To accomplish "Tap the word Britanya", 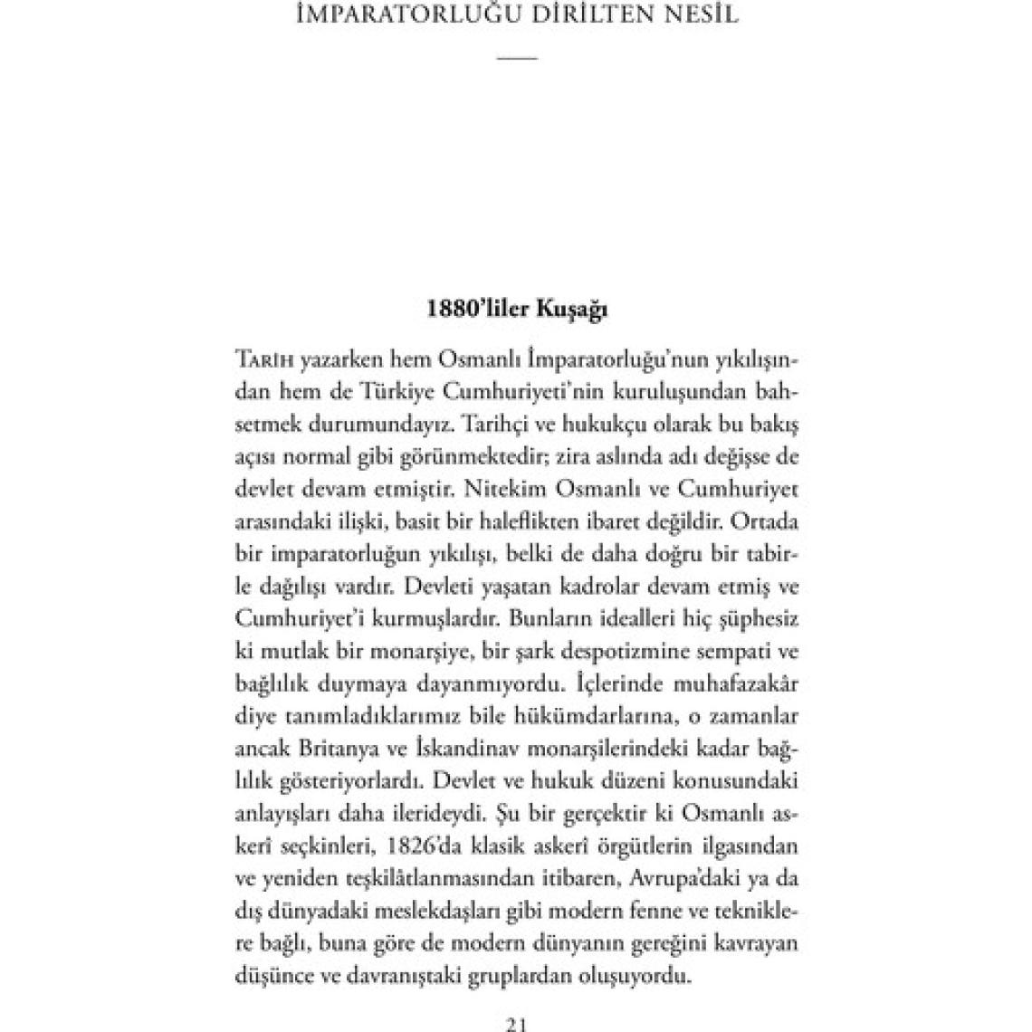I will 334,750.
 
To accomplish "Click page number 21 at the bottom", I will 517,1024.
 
